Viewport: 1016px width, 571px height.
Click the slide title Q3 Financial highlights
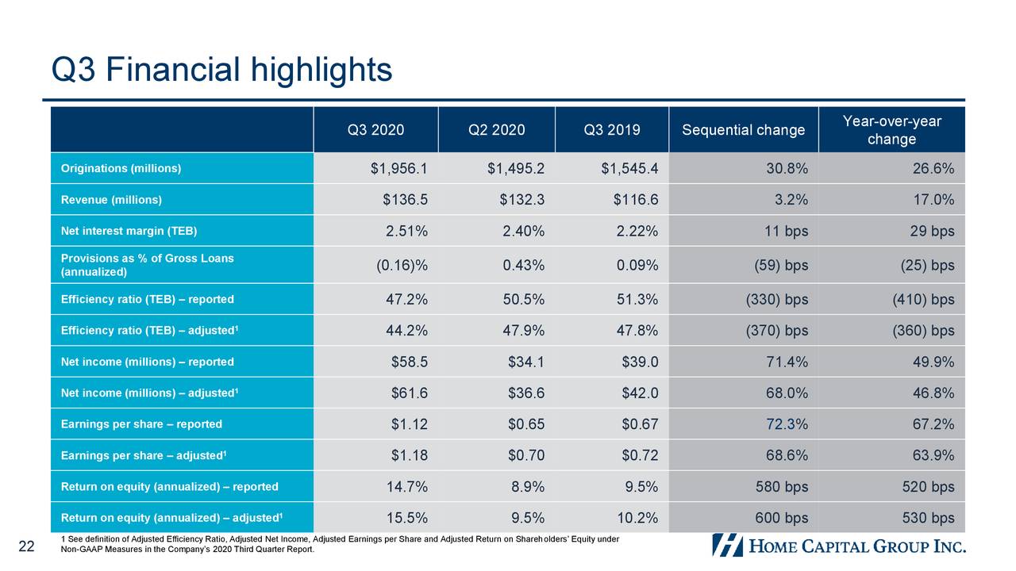pyautogui.click(x=221, y=70)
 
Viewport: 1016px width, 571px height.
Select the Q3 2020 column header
pyautogui.click(x=375, y=130)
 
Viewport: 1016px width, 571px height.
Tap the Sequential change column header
pyautogui.click(x=743, y=130)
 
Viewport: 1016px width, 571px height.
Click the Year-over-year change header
pyautogui.click(x=891, y=130)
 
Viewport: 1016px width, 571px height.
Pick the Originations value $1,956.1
pyautogui.click(x=398, y=168)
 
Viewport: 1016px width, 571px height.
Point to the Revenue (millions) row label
pyautogui.click(x=111, y=200)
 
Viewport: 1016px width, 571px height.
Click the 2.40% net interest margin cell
pyautogui.click(x=523, y=232)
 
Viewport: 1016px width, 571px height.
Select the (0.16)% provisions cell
pyautogui.click(x=402, y=266)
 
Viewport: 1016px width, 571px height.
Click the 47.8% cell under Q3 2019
pyautogui.click(x=637, y=331)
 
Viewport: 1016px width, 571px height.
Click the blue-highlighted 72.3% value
pyautogui.click(x=787, y=424)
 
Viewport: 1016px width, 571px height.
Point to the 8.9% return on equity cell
pyautogui.click(x=528, y=487)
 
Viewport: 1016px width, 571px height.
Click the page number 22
pyautogui.click(x=26, y=546)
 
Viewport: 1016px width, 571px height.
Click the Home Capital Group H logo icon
pyautogui.click(x=727, y=545)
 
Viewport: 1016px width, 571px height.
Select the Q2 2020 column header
pyautogui.click(x=497, y=130)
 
